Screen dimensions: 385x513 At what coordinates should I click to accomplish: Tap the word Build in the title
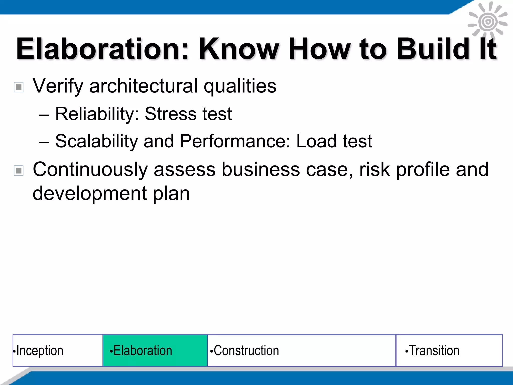click(433, 49)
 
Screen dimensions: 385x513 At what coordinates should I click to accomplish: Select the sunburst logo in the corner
click(487, 22)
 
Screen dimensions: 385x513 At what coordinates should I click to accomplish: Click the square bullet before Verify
click(19, 87)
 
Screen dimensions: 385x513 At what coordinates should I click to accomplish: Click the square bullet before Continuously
click(19, 171)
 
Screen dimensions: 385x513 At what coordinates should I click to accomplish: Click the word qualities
click(240, 86)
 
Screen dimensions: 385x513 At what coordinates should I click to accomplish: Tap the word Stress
click(171, 114)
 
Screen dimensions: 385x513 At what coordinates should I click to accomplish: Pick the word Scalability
click(96, 141)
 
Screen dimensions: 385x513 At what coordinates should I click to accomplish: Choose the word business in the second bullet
click(261, 170)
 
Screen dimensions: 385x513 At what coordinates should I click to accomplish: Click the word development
click(90, 194)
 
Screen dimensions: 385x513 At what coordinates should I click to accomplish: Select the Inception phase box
click(58, 350)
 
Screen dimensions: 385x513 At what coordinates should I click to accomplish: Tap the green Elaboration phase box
click(155, 350)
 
